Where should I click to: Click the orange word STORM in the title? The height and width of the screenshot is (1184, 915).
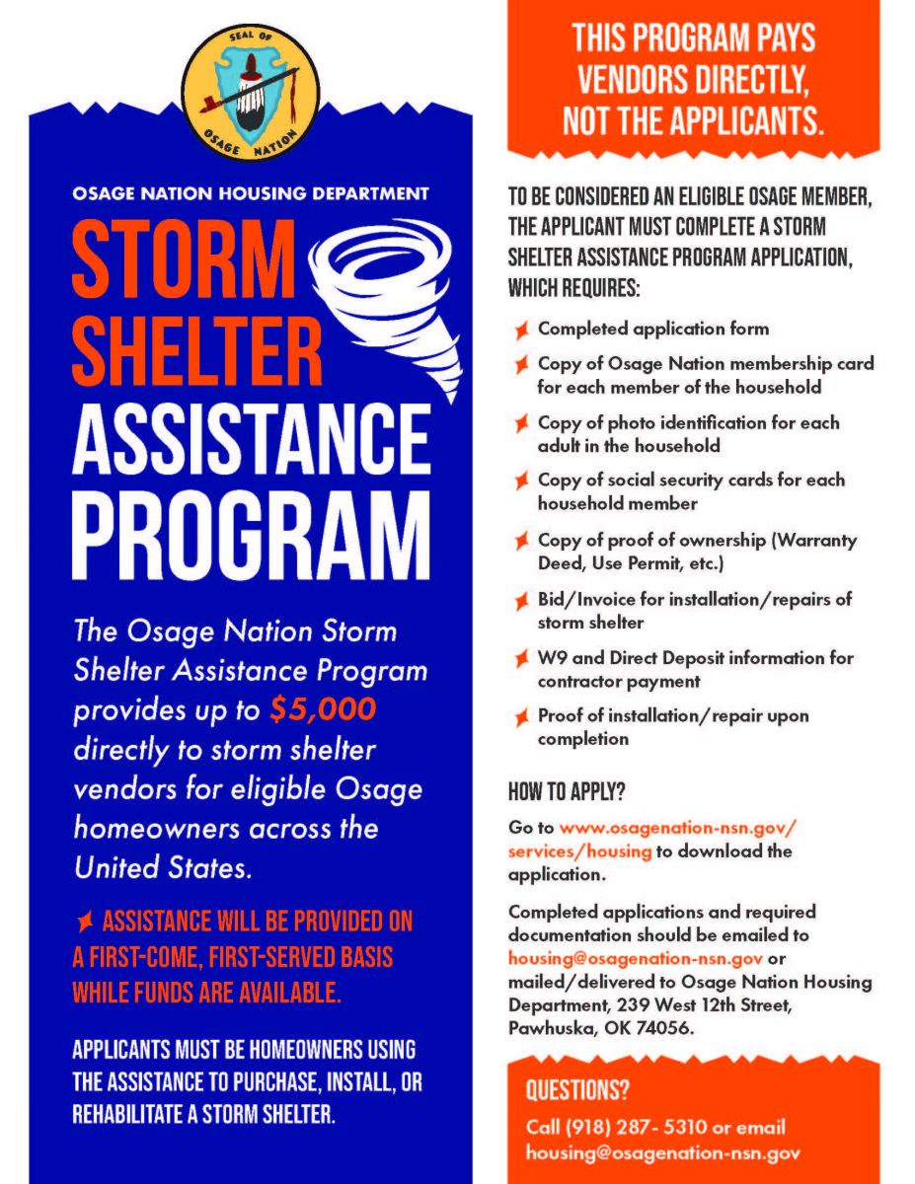184,259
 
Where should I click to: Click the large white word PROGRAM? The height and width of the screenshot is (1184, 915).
251,539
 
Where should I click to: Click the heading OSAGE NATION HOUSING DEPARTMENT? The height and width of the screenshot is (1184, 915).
251,192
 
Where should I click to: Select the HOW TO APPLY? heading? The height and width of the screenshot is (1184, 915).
567,792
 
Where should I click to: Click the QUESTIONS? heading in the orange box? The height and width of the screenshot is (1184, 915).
577,1090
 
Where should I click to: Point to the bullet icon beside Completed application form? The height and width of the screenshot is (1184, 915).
520,329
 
